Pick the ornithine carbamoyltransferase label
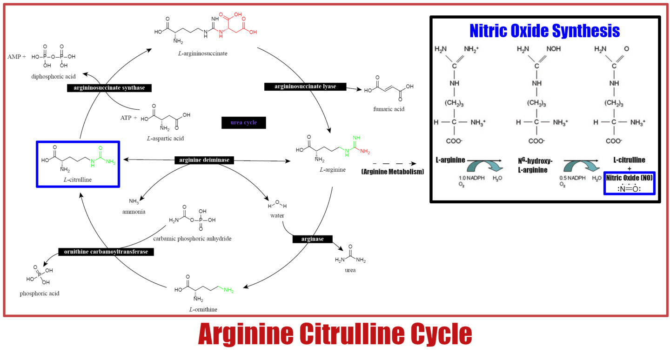coord(106,252)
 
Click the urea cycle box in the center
coord(244,123)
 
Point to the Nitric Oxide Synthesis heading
coord(544,31)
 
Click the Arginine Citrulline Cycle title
coord(335,334)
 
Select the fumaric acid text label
coord(389,109)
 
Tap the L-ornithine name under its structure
coord(203,309)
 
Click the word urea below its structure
coord(350,270)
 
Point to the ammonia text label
coord(134,212)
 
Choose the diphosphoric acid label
coord(54,76)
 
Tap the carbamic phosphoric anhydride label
coord(192,239)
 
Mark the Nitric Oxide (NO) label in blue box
coord(629,178)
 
